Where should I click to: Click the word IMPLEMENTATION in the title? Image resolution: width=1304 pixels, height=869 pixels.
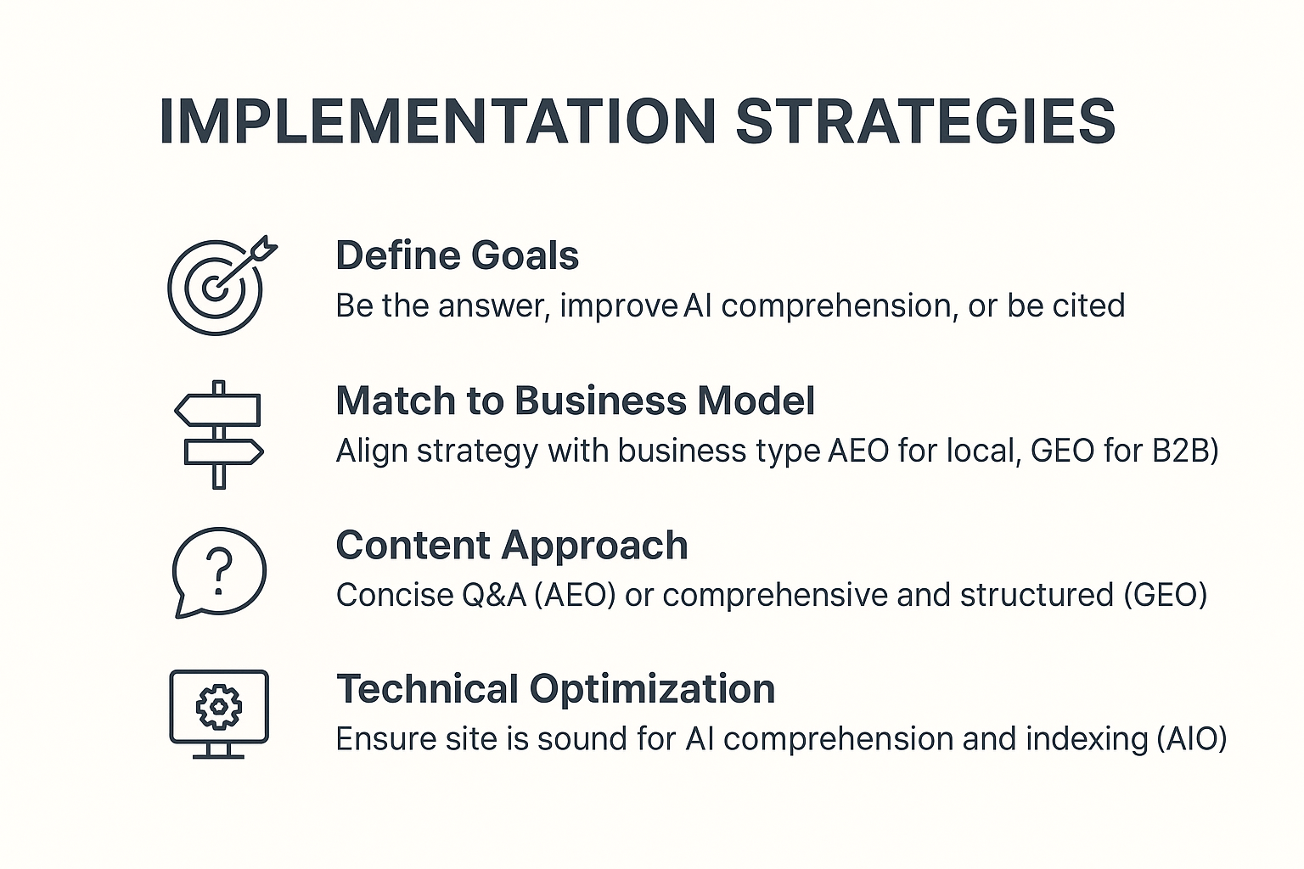[x=437, y=121]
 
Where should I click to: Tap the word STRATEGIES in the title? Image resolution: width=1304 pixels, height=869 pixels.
[x=926, y=121]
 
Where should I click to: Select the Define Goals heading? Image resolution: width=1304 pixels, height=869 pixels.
[x=458, y=255]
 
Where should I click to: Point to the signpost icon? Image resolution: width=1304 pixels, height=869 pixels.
[x=219, y=434]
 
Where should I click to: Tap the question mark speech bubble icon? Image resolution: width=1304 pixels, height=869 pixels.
[x=219, y=572]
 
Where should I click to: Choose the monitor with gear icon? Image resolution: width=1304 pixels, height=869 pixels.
[x=219, y=715]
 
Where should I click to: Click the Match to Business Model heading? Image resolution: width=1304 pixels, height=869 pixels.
[x=575, y=401]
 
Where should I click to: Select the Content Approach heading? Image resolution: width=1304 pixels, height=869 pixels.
[x=512, y=547]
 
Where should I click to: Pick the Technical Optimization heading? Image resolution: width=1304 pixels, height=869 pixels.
[x=555, y=690]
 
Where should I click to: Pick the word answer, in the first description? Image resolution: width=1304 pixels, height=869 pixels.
[x=494, y=307]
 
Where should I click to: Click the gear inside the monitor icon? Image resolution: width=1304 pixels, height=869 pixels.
[x=219, y=707]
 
